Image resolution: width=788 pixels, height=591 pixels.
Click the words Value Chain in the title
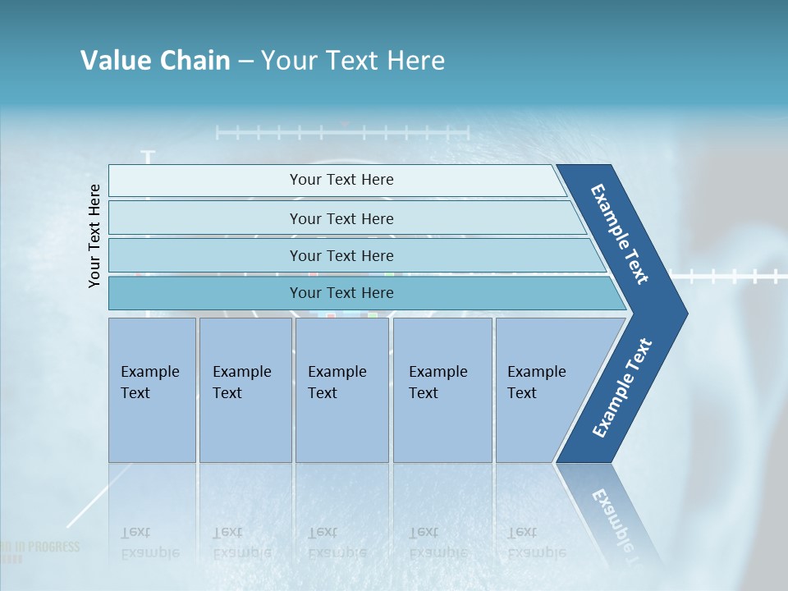pos(155,61)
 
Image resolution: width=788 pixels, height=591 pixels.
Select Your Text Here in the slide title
pos(353,61)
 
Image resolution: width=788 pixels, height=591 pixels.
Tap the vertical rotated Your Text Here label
pos(94,236)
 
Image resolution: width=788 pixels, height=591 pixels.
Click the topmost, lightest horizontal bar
pos(341,180)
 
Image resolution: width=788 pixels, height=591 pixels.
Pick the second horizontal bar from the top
pos(341,218)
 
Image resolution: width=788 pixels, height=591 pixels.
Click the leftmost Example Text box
pos(152,389)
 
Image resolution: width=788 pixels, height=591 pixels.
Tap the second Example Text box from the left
pos(245,389)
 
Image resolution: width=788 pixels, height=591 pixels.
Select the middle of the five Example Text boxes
pos(341,389)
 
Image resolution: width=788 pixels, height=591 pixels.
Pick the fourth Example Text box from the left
pos(442,389)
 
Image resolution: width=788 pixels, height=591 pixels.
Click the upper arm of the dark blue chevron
pos(621,235)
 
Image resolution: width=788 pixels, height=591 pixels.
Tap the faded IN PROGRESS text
pos(41,547)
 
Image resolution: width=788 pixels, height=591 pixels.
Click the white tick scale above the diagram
pos(341,132)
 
